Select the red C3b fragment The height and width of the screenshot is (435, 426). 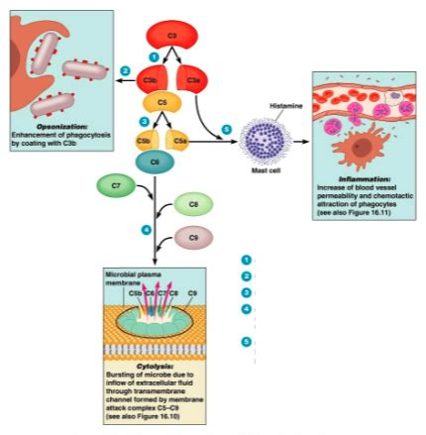point(150,77)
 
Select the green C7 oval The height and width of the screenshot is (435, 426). point(116,184)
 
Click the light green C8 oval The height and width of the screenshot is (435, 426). point(192,205)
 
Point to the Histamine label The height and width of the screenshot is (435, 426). point(286,106)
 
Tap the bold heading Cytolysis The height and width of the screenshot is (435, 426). point(155,364)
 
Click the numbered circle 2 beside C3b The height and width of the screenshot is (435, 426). point(125,69)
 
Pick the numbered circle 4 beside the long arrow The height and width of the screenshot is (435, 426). point(146,230)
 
